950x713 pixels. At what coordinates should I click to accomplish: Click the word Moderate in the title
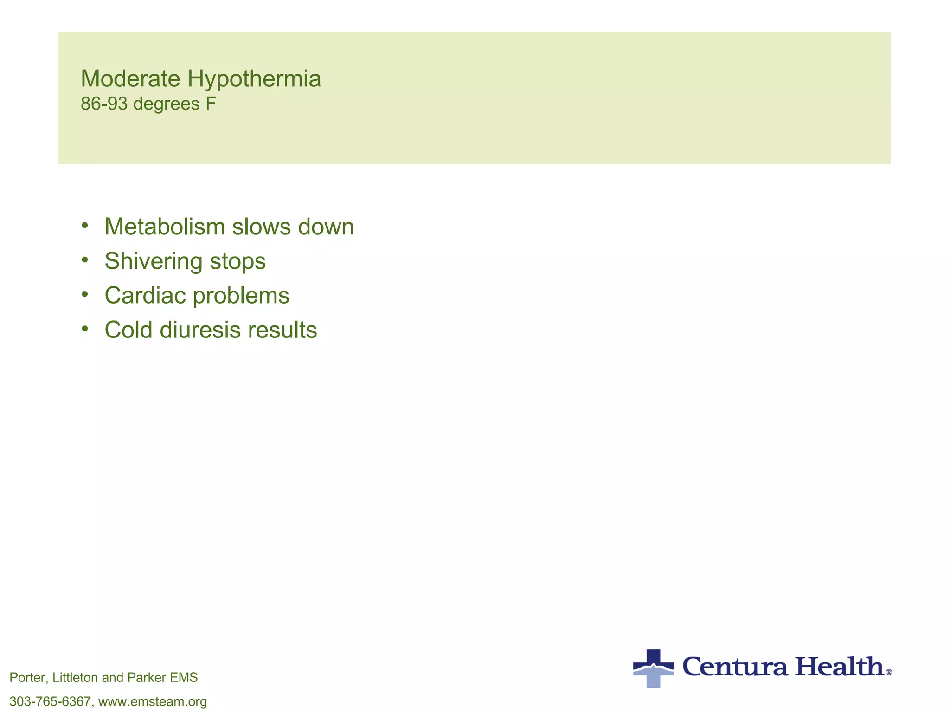point(130,78)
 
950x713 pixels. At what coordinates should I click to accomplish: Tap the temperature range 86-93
point(104,104)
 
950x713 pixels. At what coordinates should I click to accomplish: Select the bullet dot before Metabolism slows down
point(84,226)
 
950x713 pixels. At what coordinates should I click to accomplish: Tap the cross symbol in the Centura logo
point(653,668)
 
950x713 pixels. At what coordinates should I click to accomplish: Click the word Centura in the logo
point(735,667)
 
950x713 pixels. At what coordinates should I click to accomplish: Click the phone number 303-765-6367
point(50,701)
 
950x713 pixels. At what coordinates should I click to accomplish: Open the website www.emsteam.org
point(153,701)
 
